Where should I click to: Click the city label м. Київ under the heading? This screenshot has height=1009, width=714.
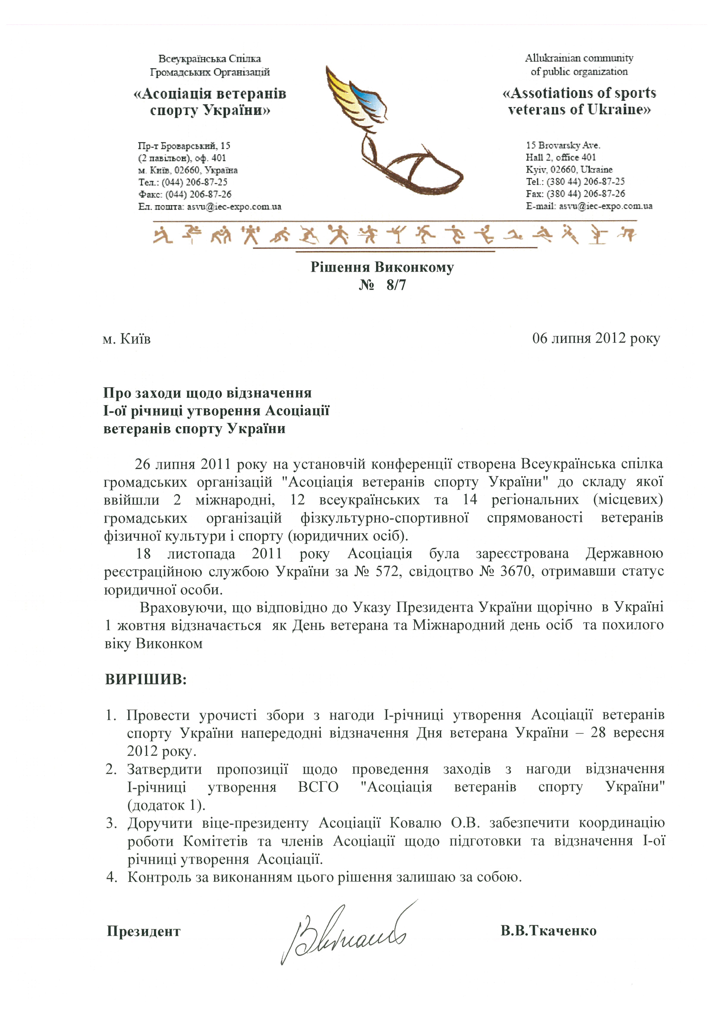(x=127, y=339)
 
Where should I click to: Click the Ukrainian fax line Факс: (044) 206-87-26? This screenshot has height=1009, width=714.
(x=185, y=194)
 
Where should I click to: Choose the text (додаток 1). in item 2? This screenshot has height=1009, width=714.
(x=166, y=805)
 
